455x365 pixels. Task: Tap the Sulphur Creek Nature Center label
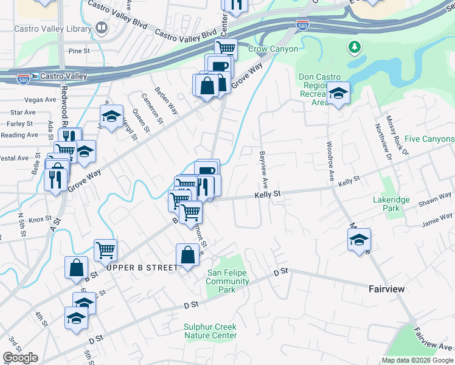210,331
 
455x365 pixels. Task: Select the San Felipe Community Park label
227,282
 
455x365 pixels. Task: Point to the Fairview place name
386,289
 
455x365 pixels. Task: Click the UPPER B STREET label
142,268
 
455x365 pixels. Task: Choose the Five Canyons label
429,139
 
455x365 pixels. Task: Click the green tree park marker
354,47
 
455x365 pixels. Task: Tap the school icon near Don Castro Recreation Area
338,94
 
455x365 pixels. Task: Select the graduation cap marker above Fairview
359,238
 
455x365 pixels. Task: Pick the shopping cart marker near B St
105,249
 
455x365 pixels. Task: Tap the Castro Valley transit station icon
36,76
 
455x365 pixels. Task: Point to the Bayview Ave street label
264,169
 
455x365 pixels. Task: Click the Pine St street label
79,51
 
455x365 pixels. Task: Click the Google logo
20,358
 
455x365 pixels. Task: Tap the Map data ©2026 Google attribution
417,360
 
